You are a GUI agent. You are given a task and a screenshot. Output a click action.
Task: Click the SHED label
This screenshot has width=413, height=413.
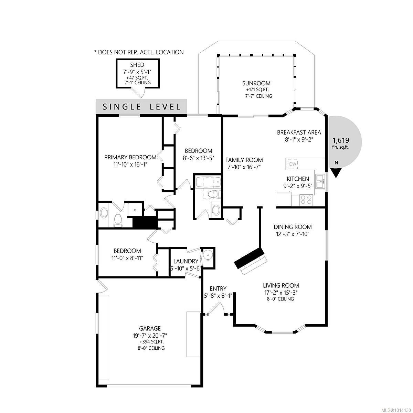point(137,65)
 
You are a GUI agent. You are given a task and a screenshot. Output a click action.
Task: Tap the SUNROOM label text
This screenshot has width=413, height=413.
point(256,83)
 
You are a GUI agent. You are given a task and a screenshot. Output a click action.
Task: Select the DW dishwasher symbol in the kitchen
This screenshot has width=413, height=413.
point(293,164)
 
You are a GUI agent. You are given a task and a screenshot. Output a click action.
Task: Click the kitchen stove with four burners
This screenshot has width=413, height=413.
point(306,200)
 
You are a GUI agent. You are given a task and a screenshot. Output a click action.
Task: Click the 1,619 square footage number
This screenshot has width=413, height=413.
point(341,140)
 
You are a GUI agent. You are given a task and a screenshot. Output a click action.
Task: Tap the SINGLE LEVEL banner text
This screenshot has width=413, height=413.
point(141,106)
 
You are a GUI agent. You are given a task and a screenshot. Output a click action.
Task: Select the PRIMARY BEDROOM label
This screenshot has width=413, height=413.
point(130,157)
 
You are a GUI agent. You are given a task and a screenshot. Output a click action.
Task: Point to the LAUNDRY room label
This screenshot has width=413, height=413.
point(186,261)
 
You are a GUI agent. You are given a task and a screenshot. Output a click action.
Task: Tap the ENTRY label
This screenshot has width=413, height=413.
point(218,288)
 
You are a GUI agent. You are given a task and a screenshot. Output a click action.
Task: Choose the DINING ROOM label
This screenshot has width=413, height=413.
point(293,227)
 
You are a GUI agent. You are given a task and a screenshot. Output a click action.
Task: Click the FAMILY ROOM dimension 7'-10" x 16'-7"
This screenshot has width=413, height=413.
point(244,167)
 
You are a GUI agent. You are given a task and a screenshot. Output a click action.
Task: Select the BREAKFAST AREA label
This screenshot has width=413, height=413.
point(299,132)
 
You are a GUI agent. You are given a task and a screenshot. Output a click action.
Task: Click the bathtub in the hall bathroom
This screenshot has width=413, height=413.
point(208,182)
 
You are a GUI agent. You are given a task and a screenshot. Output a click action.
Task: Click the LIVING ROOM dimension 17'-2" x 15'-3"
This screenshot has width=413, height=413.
point(281,292)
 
